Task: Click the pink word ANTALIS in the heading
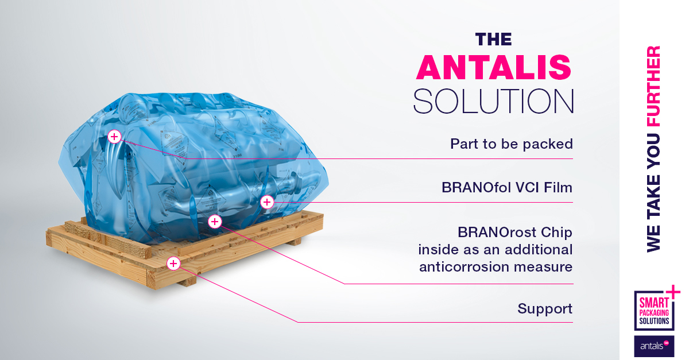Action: tap(494, 68)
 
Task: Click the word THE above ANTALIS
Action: tap(494, 38)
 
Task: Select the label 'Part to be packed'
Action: tap(511, 144)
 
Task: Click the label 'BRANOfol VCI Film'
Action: tap(507, 188)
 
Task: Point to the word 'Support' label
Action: tap(545, 309)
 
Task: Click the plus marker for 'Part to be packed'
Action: tap(114, 136)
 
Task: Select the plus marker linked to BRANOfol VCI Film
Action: tap(266, 202)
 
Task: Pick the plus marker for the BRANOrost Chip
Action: tap(214, 221)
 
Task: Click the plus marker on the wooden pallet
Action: tap(173, 263)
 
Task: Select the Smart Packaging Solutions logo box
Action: tap(654, 311)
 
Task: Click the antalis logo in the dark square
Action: tap(654, 346)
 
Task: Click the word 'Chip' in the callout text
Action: tap(558, 233)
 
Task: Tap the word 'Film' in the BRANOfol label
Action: tap(559, 188)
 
